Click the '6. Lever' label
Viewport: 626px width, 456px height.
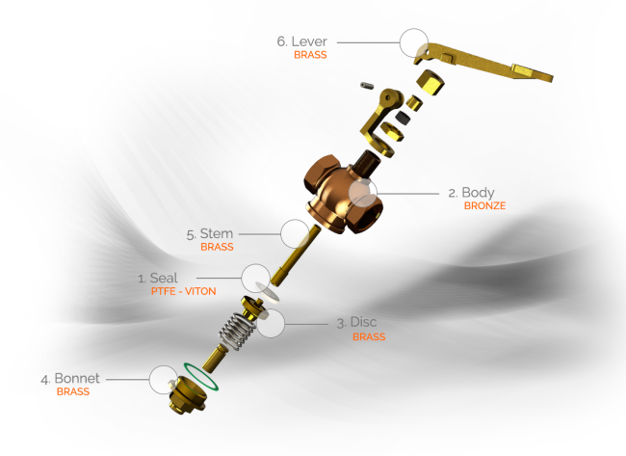[302, 41]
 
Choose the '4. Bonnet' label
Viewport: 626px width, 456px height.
[70, 379]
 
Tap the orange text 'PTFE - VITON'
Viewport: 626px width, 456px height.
[184, 291]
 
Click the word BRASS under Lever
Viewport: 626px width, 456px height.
[310, 55]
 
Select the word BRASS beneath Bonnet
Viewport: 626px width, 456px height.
[73, 392]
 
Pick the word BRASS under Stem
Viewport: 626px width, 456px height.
[217, 247]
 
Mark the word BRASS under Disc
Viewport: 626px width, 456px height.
[368, 337]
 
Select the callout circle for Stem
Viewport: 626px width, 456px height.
[294, 233]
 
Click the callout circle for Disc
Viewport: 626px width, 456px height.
[271, 323]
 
